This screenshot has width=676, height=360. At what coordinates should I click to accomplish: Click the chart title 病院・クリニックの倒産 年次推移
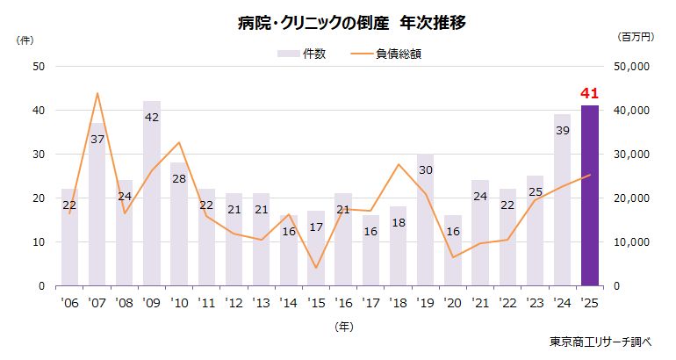[x=338, y=23]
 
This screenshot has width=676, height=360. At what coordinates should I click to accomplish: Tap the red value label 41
[x=589, y=94]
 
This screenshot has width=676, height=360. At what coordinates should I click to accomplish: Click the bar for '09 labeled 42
[x=151, y=202]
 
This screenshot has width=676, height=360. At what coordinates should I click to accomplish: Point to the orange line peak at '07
[x=97, y=93]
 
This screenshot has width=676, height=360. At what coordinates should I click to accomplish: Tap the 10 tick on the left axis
[x=39, y=241]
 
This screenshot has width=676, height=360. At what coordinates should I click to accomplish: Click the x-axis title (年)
[x=343, y=326]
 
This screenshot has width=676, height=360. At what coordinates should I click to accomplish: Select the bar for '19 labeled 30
[x=425, y=220]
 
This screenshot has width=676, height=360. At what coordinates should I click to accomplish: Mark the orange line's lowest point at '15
[x=315, y=268]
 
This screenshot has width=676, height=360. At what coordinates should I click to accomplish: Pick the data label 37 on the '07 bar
[x=97, y=139]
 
